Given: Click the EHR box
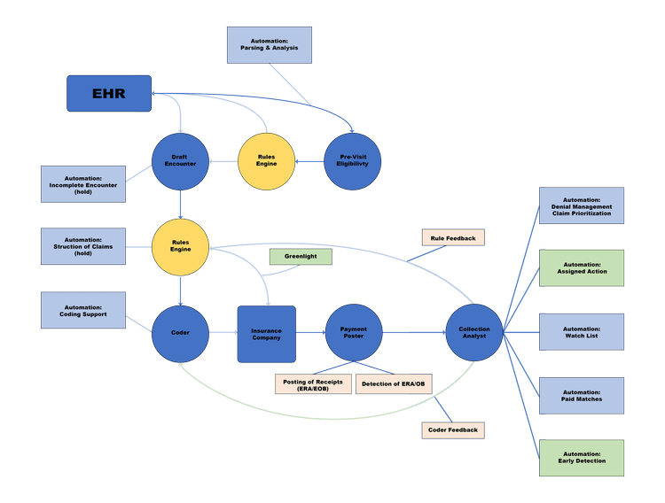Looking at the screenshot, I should [x=108, y=93].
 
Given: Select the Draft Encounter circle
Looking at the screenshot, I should [x=180, y=161].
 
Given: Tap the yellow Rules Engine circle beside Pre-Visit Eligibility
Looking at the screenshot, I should [x=267, y=161].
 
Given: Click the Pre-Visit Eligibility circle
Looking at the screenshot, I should [x=353, y=161].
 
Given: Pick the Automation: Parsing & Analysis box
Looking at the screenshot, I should [x=270, y=44].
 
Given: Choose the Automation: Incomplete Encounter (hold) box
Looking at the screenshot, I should [x=83, y=183].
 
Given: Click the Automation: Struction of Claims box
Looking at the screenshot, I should [x=83, y=245].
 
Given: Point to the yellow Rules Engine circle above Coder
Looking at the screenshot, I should [x=180, y=245].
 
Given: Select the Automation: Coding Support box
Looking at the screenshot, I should [x=83, y=310].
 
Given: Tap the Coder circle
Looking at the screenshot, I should [x=180, y=333].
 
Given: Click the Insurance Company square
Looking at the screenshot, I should [x=266, y=333].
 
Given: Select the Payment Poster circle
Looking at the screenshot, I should [x=354, y=333].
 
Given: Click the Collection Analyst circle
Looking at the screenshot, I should [x=474, y=333].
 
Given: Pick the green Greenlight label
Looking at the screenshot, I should [x=301, y=256].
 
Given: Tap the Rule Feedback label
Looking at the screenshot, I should [x=453, y=237].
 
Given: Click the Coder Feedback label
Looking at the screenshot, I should [x=453, y=429].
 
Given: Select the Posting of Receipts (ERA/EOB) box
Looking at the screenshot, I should [x=313, y=383].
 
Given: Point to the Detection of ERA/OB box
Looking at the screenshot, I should [x=394, y=383].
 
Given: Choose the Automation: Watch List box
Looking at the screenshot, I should [x=582, y=331].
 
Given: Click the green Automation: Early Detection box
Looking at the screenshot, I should [x=582, y=457].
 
